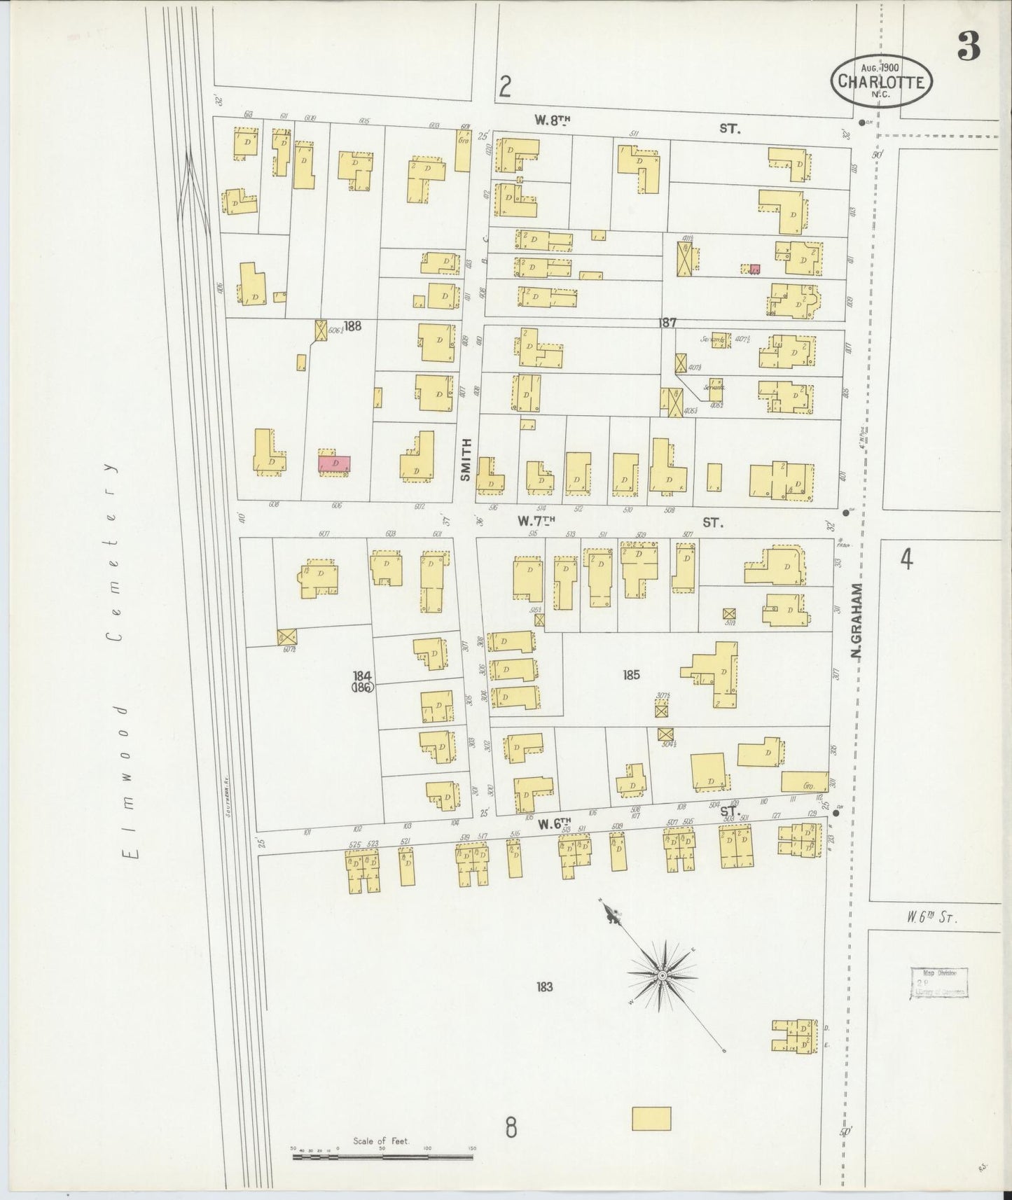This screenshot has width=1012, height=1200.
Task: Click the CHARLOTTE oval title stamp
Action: [882, 81]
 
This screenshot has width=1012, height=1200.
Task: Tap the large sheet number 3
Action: [969, 46]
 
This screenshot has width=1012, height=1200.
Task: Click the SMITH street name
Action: [466, 459]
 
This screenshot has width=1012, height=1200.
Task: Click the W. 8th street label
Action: [552, 120]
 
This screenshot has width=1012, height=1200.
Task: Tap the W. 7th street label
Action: [536, 521]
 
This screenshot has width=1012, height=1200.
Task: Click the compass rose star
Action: [662, 975]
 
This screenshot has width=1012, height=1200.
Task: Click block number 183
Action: [545, 987]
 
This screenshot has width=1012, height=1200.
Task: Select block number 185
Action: [631, 676]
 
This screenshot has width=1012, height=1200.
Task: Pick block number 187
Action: [667, 323]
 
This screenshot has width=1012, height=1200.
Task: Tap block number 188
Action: [352, 326]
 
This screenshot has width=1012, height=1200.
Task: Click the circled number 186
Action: [363, 688]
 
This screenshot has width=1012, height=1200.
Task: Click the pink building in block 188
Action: [335, 463]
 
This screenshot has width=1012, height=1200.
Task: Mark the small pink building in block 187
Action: [754, 269]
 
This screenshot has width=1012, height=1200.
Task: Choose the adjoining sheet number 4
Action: [906, 560]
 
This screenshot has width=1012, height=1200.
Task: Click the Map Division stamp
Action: [939, 982]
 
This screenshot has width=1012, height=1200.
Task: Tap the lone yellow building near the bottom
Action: [651, 1118]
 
